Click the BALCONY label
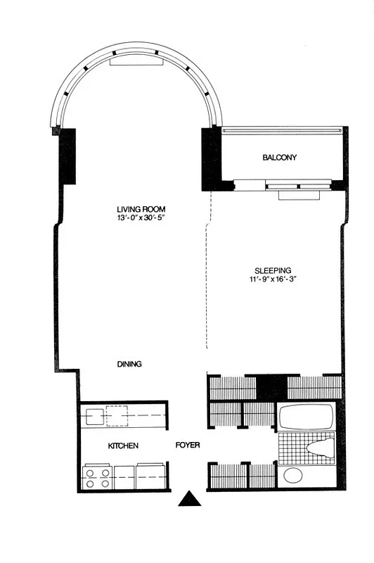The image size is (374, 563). coord(279,158)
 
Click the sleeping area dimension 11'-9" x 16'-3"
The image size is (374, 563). coord(273,280)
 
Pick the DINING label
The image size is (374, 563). coord(129,364)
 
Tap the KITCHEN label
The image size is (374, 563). coord(122,446)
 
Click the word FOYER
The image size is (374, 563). coord(188,445)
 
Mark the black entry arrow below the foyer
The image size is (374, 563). coord(190,499)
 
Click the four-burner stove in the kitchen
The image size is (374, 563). coord(97,477)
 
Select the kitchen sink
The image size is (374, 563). coord(93,416)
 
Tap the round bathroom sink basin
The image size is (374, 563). coord(293,476)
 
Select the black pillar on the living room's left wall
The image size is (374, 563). coord(67,156)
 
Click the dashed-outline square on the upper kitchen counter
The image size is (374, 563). coord(116,416)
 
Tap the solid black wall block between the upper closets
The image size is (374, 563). coord(271,386)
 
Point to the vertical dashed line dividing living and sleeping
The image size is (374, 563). coord(207,281)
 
